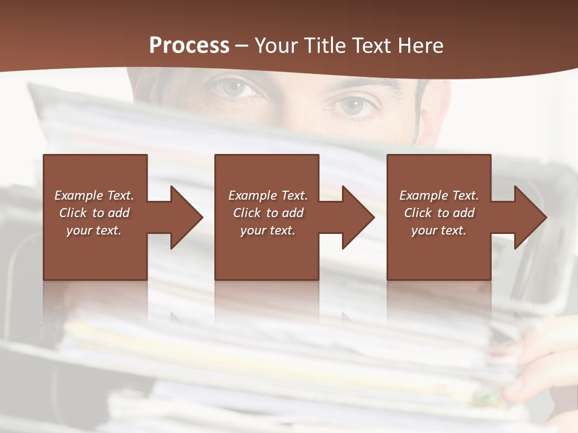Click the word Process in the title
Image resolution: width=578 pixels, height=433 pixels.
pyautogui.click(x=189, y=46)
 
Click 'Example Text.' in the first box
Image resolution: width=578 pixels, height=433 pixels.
pyautogui.click(x=94, y=195)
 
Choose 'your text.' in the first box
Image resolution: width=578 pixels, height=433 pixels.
pyautogui.click(x=94, y=230)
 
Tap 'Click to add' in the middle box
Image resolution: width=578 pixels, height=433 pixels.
pyautogui.click(x=268, y=213)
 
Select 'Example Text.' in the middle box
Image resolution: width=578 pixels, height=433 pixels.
pyautogui.click(x=268, y=195)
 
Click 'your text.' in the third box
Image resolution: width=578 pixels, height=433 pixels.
pyautogui.click(x=439, y=230)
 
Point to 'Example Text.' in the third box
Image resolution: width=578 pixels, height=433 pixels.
pyautogui.click(x=439, y=195)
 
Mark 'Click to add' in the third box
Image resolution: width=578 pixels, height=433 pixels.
pyautogui.click(x=439, y=213)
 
